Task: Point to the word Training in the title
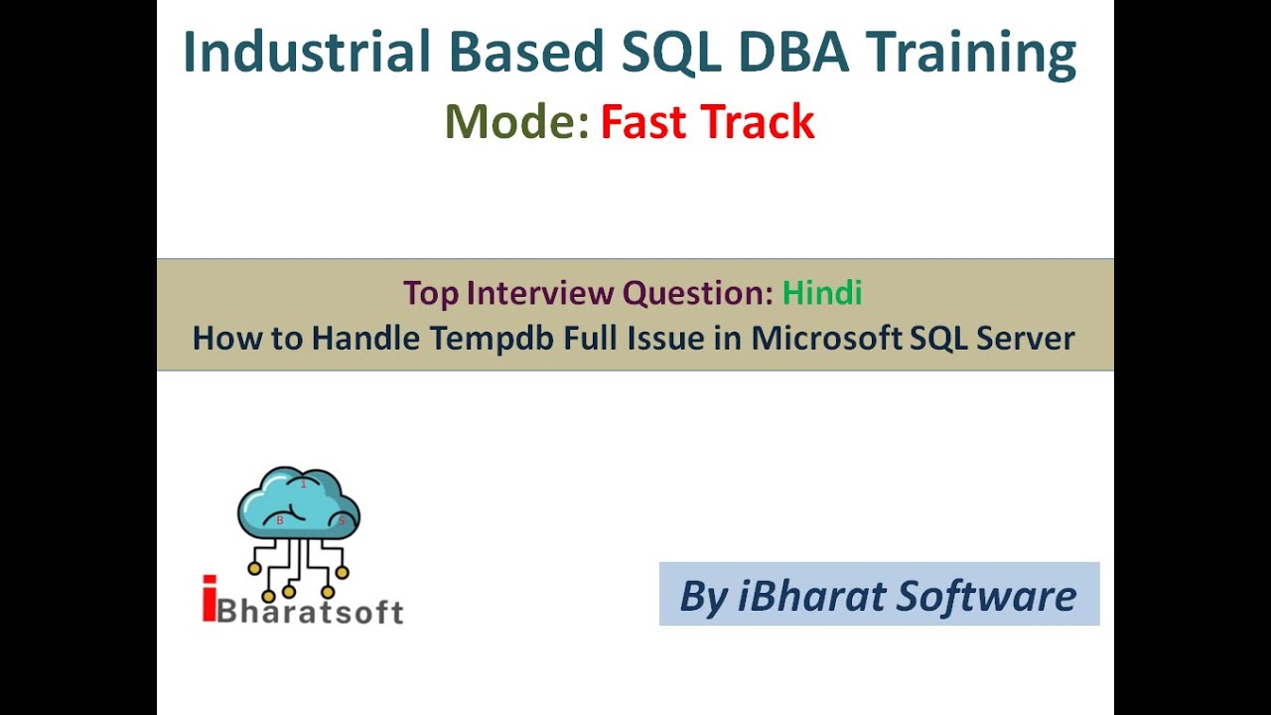pos(970,53)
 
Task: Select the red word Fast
pos(644,122)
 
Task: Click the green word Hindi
pos(821,293)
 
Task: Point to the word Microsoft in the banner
pos(827,339)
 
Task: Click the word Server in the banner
pos(1025,339)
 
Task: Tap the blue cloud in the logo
pos(298,504)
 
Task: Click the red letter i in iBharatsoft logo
pos(209,600)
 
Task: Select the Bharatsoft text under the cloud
pos(311,609)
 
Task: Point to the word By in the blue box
pos(703,595)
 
